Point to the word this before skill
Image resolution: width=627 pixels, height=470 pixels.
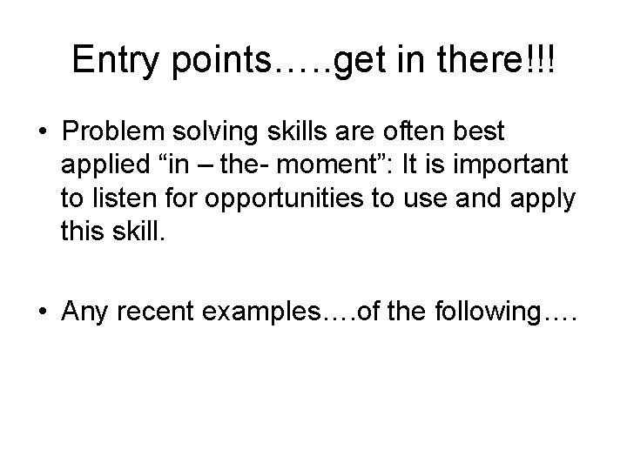point(83,232)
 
